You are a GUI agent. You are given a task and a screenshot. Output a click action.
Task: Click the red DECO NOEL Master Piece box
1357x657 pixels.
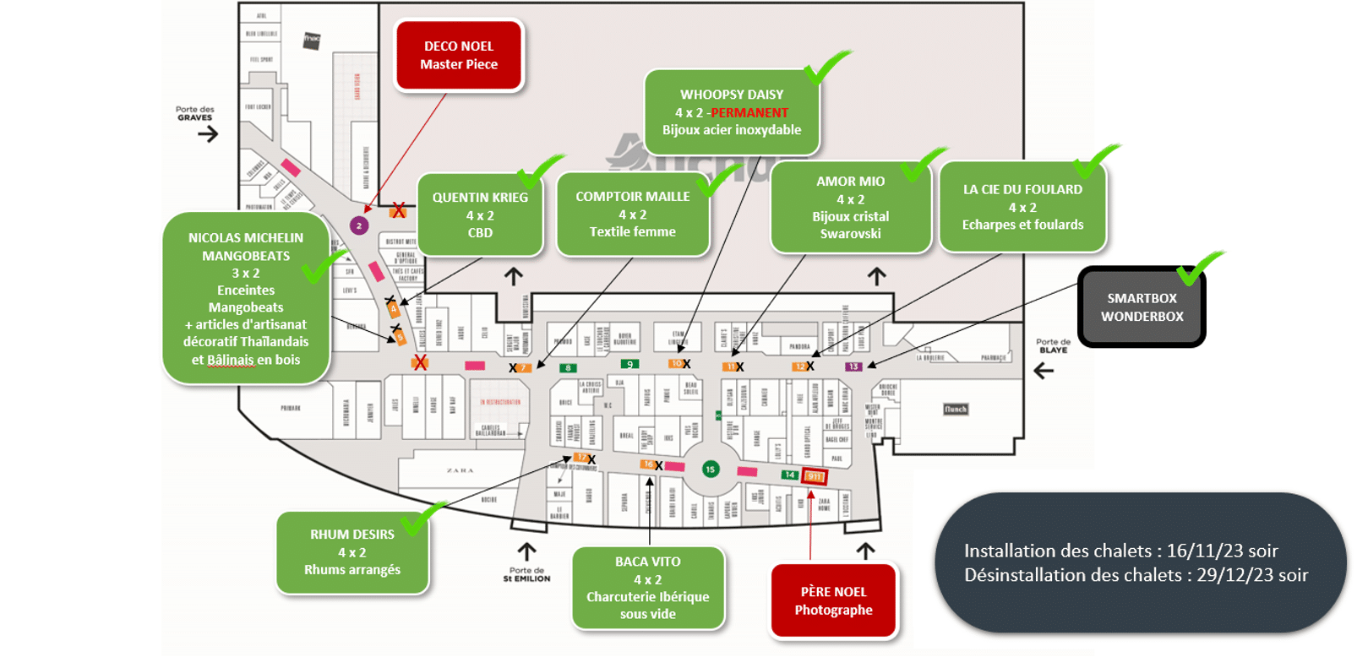tap(459, 56)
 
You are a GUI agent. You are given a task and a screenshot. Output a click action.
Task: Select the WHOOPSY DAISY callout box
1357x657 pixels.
tap(732, 112)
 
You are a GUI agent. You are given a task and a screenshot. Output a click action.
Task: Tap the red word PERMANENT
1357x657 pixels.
tap(749, 112)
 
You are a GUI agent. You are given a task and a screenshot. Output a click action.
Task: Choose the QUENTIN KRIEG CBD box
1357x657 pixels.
tap(480, 214)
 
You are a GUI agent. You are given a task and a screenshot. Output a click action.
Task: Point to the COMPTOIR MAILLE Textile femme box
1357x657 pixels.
tap(632, 214)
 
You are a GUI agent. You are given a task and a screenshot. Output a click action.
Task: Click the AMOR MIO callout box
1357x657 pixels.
tap(850, 207)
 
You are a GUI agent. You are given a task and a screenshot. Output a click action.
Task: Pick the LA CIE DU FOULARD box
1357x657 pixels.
tap(1022, 207)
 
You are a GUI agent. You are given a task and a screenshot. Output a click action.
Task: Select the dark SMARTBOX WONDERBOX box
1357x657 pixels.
tap(1142, 307)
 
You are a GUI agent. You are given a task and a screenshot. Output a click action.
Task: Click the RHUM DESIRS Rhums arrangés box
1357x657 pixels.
tap(352, 552)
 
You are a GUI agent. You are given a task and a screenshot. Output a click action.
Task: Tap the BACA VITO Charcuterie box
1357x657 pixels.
tap(648, 588)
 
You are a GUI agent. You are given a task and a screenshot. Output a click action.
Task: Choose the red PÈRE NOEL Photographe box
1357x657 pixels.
tap(833, 600)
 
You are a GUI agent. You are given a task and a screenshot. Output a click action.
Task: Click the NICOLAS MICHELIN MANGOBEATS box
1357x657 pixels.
tap(246, 298)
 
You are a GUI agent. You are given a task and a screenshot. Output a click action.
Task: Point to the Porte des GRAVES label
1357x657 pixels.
tap(195, 113)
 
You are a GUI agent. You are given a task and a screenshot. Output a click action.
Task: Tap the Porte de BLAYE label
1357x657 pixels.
tap(1053, 345)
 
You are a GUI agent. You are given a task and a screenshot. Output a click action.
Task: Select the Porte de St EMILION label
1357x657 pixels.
tap(526, 574)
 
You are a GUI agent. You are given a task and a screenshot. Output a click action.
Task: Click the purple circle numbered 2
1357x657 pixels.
tap(359, 225)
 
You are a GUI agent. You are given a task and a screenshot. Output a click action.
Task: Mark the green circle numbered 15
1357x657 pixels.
tap(711, 470)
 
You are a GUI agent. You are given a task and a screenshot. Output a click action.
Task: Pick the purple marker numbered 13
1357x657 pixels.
tap(854, 367)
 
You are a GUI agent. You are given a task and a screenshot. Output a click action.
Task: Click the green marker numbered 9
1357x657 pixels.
tap(629, 365)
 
